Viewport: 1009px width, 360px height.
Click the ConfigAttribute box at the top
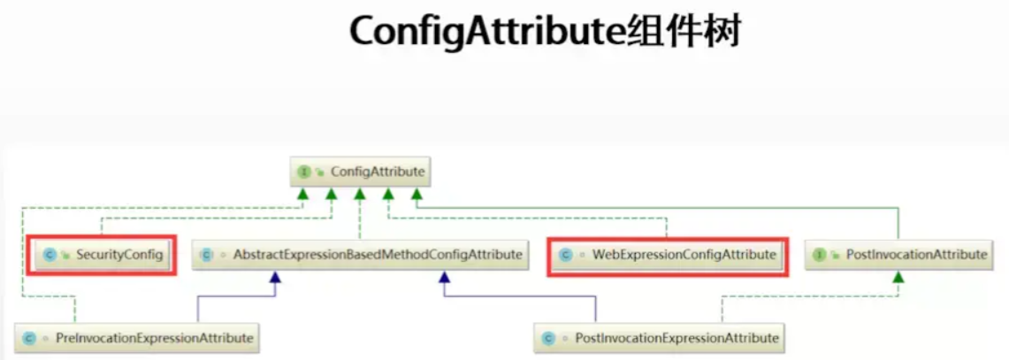point(362,171)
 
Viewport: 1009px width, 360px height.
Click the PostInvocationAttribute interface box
point(899,255)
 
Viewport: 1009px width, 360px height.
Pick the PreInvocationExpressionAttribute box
point(138,337)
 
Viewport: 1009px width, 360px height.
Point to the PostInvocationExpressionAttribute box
point(660,337)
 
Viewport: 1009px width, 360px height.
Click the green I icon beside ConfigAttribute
point(304,171)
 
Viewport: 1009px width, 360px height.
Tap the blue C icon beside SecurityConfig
point(50,255)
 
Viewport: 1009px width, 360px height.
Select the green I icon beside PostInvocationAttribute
point(820,255)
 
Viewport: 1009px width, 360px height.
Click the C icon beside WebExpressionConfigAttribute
point(566,255)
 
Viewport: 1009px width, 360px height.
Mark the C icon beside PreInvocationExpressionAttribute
point(29,338)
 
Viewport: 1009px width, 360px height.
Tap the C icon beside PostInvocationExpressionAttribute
point(549,338)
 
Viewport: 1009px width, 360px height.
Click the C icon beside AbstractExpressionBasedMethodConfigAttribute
point(207,255)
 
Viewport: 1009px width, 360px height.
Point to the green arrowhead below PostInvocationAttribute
point(898,277)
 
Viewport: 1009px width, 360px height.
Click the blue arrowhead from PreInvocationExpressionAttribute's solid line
point(276,277)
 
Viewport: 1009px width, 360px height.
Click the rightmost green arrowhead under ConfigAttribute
point(416,193)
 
